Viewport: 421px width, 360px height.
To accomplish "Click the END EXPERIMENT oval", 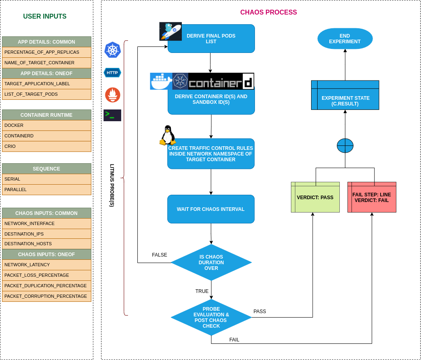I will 345,39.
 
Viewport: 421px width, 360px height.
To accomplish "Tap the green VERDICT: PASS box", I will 315,197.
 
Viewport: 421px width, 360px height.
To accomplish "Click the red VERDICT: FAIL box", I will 372,197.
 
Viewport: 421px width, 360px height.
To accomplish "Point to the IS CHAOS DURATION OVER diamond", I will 211,263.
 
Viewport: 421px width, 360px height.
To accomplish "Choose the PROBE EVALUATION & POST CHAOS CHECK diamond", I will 211,318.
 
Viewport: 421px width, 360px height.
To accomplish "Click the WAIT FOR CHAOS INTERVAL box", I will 211,209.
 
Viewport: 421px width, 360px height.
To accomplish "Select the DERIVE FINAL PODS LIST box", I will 211,39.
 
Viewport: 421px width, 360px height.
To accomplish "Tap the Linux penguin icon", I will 168,135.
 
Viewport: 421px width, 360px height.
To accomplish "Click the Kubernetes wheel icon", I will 113,50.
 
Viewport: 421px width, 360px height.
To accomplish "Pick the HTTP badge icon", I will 112,73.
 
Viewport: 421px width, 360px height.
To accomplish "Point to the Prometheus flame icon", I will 113,95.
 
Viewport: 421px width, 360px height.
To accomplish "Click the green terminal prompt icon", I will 112,115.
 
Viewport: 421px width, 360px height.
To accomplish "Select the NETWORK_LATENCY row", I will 46,265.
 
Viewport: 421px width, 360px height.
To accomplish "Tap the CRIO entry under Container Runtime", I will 46,146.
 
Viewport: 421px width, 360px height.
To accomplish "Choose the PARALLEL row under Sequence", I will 46,189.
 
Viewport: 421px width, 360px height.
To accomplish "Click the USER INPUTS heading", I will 45,17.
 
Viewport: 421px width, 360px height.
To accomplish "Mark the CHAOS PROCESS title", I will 268,13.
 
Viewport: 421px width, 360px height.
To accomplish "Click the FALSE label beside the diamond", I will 159,255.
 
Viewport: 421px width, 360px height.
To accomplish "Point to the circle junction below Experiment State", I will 345,145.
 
